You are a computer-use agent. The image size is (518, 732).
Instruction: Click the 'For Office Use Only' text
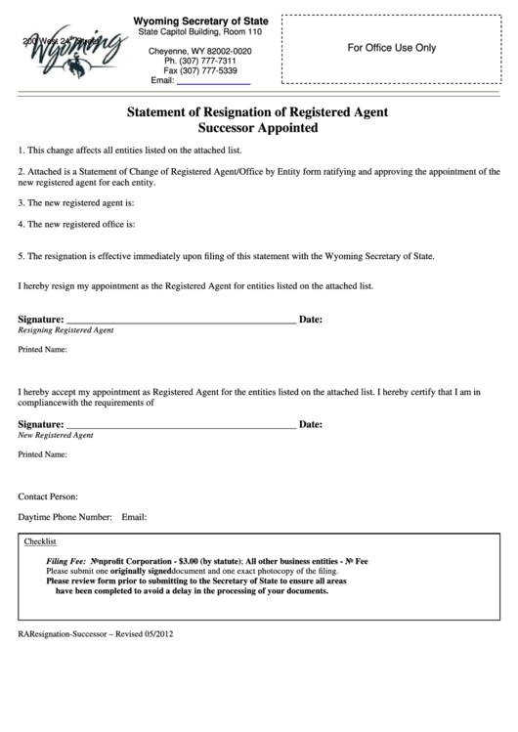click(392, 48)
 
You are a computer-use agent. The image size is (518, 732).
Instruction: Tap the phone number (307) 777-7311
click(199, 61)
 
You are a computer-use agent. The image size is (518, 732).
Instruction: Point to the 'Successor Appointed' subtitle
click(258, 128)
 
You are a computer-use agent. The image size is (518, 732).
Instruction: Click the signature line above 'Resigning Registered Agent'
click(180, 320)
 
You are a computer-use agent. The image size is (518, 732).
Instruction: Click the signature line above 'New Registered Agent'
click(180, 425)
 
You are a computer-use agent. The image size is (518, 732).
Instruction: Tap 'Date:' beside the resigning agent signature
click(310, 320)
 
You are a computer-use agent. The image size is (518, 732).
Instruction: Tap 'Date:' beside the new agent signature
click(310, 425)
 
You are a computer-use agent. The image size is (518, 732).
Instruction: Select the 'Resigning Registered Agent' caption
click(66, 330)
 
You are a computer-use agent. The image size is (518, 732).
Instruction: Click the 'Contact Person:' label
click(48, 495)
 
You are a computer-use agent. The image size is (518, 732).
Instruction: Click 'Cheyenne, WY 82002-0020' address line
click(199, 51)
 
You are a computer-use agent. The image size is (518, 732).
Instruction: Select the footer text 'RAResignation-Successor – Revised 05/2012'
click(97, 634)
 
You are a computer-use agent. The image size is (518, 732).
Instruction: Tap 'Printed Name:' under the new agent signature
click(42, 454)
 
